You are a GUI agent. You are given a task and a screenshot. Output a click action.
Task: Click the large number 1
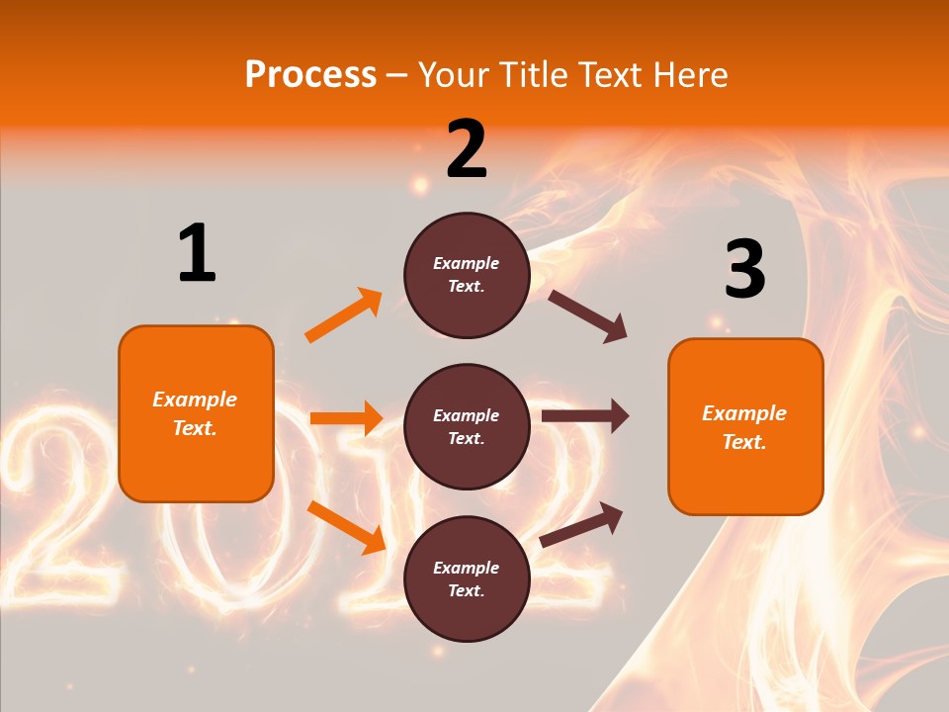point(197,253)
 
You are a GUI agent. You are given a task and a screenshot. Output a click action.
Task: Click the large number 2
point(467,149)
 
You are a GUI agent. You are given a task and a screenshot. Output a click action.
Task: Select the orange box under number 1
point(196,413)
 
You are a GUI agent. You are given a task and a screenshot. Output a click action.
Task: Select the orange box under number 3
point(745,426)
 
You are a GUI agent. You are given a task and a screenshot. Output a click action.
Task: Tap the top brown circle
point(467,275)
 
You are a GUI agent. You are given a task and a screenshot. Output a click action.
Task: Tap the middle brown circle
point(467,426)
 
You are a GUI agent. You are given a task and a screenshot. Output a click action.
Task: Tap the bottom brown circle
point(467,578)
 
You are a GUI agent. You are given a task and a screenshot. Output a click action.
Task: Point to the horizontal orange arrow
point(346,418)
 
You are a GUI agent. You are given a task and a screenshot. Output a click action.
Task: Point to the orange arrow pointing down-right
point(346,527)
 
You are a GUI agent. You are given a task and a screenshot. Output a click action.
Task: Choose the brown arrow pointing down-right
point(588,316)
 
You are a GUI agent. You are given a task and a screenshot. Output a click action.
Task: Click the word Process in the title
point(310,75)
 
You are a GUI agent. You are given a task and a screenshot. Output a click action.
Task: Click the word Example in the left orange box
point(195,400)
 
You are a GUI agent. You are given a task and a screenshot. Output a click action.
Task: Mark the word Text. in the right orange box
point(744,442)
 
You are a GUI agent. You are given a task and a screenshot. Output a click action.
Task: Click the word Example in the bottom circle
point(467,568)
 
